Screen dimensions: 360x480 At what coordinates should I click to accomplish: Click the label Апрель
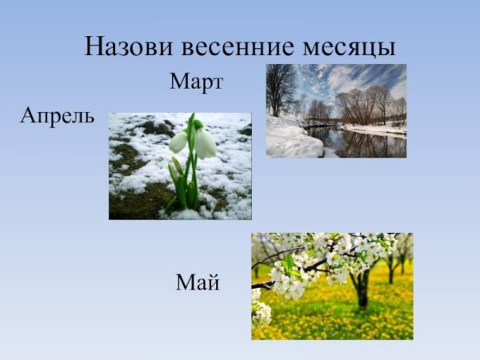click(57, 116)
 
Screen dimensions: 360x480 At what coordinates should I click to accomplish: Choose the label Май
click(198, 282)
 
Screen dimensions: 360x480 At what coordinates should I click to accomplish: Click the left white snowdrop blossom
click(178, 142)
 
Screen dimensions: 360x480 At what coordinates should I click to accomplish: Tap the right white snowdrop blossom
click(205, 143)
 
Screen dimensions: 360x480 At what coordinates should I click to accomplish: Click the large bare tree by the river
click(280, 88)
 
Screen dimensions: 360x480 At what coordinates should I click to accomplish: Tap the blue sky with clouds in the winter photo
click(352, 76)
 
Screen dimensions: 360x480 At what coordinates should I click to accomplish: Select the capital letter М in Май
click(184, 282)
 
